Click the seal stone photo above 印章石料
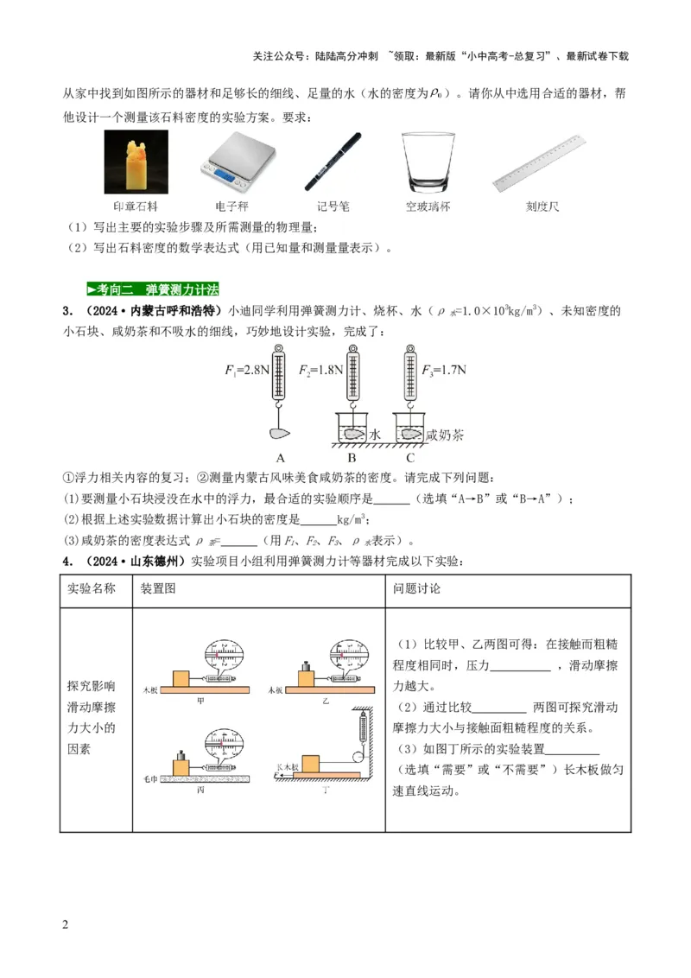click(136, 162)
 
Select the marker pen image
click(333, 162)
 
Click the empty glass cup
click(428, 162)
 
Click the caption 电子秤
click(231, 207)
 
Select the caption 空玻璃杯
click(428, 207)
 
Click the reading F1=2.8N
click(247, 370)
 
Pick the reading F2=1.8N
click(321, 370)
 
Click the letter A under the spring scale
click(280, 458)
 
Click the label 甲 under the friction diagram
click(200, 702)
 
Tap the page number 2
click(65, 925)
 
